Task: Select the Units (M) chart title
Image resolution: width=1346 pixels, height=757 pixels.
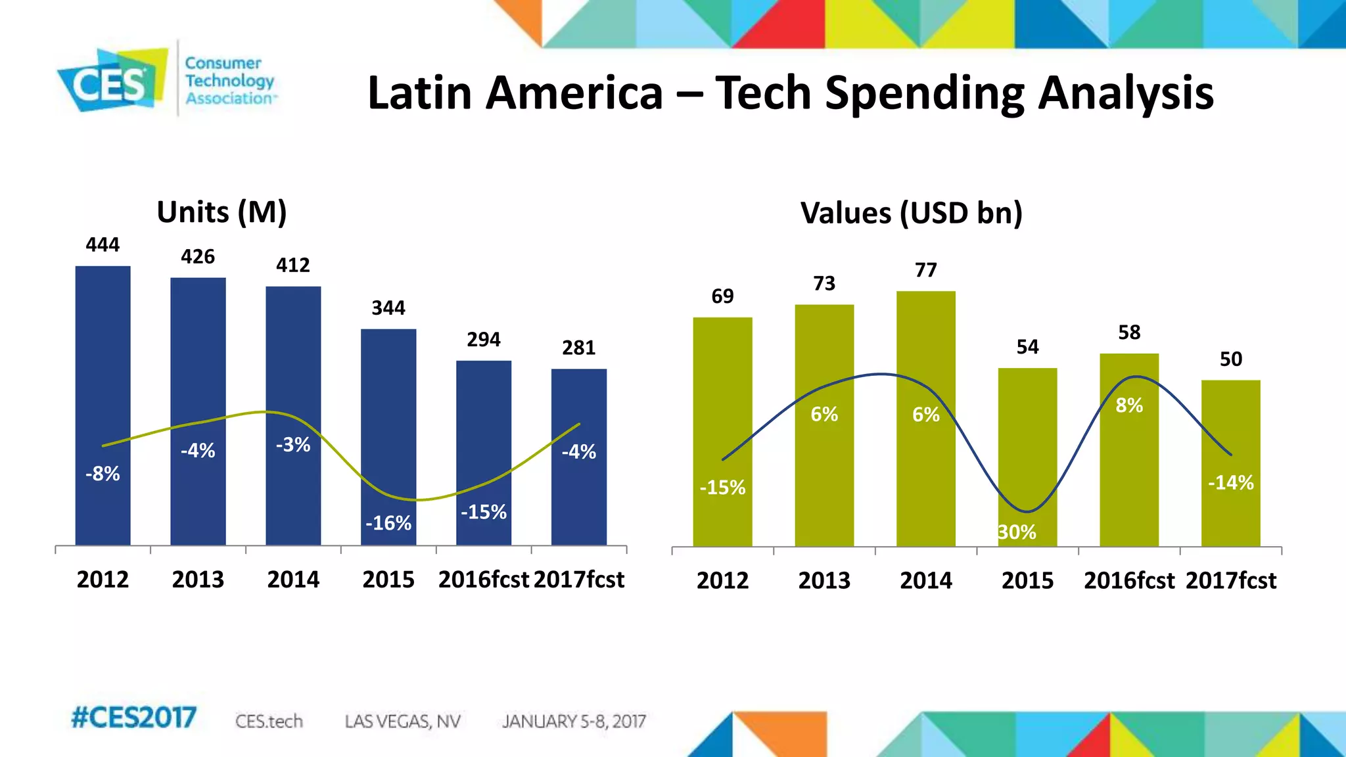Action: [x=221, y=212]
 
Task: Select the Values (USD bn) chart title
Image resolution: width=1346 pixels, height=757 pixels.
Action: [x=911, y=213]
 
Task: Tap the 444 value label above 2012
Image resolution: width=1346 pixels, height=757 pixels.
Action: [x=103, y=245]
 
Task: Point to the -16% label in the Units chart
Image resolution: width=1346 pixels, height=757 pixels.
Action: [x=388, y=523]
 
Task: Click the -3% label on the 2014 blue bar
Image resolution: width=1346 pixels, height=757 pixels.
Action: [x=293, y=445]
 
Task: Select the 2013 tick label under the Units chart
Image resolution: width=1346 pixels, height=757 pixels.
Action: [x=198, y=580]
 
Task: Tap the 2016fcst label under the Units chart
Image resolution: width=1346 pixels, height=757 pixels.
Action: [x=484, y=580]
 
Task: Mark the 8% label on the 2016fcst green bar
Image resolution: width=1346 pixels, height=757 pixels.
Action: [x=1129, y=405]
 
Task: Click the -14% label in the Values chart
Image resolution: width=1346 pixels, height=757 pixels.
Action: [x=1230, y=483]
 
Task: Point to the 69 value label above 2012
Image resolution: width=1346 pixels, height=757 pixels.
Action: [x=722, y=296]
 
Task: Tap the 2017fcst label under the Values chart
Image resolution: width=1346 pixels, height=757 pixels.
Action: [x=1231, y=581]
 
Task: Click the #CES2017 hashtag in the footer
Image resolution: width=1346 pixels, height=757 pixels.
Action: [x=133, y=718]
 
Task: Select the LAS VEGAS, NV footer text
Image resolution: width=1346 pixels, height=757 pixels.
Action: [x=402, y=722]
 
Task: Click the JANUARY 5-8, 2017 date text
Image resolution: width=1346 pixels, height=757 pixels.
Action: [x=574, y=722]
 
